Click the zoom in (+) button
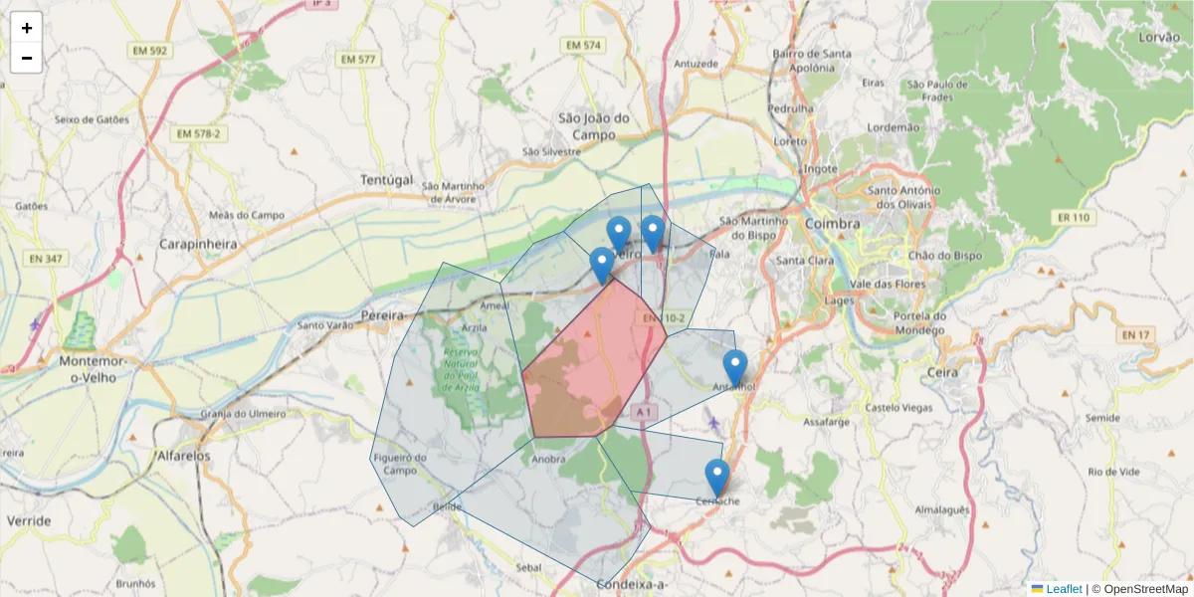26,28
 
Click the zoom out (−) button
26,58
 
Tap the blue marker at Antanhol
734,368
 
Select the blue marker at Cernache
716,478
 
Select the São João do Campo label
595,125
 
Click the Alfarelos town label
184,457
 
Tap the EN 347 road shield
46,259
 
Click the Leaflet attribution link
1063,589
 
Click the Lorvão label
1159,38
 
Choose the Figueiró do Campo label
399,464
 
